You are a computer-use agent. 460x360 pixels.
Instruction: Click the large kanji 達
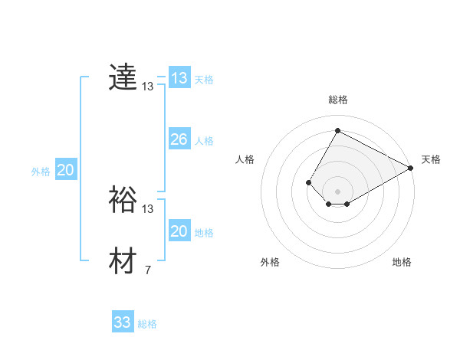pos(123,77)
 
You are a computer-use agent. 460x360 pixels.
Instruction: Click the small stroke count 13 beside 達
pos(147,87)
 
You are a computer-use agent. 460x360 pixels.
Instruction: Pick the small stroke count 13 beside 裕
pos(147,208)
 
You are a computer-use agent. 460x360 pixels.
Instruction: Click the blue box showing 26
pos(179,139)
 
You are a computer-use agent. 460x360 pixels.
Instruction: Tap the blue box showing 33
pos(123,322)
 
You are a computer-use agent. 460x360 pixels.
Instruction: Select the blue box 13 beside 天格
pos(179,78)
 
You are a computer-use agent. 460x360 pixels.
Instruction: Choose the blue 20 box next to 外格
pos(65,170)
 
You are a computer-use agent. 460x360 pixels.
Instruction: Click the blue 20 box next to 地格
pos(179,231)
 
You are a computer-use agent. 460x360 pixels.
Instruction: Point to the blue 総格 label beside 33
pos(147,324)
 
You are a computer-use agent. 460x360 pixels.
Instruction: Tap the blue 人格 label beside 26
pos(204,141)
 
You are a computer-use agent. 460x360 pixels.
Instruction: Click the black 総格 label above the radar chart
pos(337,100)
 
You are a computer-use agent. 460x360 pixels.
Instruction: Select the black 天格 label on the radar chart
pos(431,159)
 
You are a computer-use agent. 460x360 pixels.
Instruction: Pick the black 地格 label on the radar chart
pos(402,262)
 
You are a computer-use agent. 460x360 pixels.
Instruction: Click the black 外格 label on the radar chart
pos(270,262)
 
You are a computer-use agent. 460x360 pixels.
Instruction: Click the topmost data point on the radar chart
pos(337,130)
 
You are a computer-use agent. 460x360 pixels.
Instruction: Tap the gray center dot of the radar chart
pos(337,191)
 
